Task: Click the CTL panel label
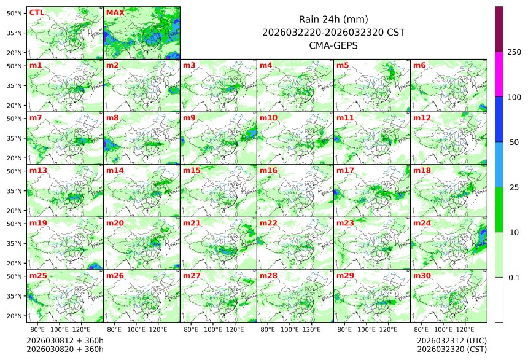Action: pyautogui.click(x=36, y=12)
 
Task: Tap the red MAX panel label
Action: pyautogui.click(x=115, y=12)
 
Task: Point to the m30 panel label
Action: pyautogui.click(x=422, y=276)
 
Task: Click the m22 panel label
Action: pyautogui.click(x=269, y=223)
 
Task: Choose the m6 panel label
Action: pyautogui.click(x=420, y=65)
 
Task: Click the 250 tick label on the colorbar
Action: pyautogui.click(x=514, y=52)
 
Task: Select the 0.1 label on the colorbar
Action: pyautogui.click(x=514, y=277)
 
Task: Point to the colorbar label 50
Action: pyautogui.click(x=514, y=142)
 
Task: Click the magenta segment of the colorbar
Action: pyautogui.click(x=499, y=74)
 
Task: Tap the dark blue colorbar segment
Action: pyautogui.click(x=499, y=119)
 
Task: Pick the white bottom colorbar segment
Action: pyautogui.click(x=499, y=299)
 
